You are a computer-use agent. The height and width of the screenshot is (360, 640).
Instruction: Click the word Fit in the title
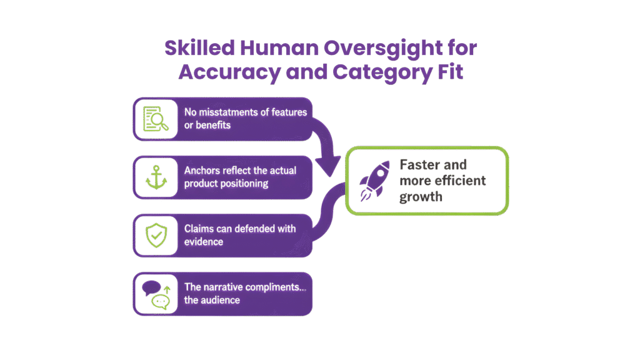[449, 72]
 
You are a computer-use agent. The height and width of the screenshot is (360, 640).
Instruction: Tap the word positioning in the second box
[243, 184]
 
